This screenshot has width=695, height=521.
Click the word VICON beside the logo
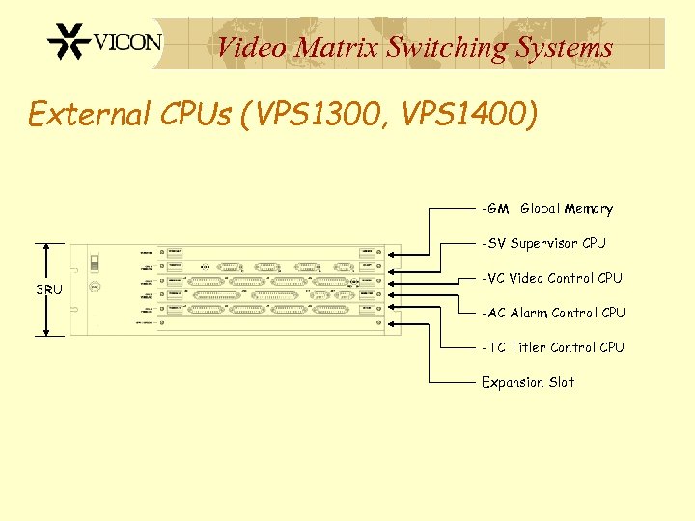tap(127, 42)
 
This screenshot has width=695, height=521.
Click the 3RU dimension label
tap(49, 289)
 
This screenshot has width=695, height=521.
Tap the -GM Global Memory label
tap(547, 208)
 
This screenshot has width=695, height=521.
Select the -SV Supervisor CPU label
tap(544, 243)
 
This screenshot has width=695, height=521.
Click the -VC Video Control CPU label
tap(552, 278)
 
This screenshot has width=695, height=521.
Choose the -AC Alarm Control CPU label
tap(554, 313)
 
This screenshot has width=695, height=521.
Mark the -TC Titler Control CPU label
tap(553, 347)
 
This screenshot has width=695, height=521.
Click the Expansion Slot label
tap(528, 382)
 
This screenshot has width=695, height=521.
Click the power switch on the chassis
tap(95, 262)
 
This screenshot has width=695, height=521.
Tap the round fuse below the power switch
tap(95, 287)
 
